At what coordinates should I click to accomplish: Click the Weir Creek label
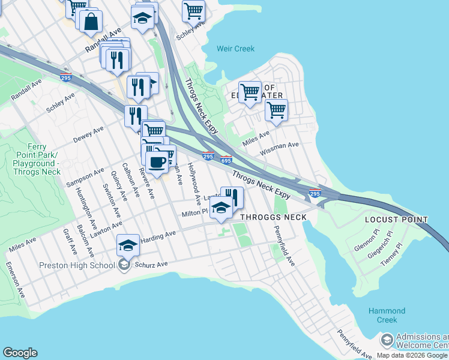(x=235, y=49)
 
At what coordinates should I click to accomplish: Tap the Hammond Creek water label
(x=387, y=316)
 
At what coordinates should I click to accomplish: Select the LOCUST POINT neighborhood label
(x=396, y=220)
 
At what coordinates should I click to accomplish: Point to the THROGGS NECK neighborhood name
(x=273, y=217)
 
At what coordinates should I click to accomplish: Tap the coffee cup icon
(x=157, y=162)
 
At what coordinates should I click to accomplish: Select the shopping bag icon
(x=91, y=22)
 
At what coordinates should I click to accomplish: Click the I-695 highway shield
(x=226, y=160)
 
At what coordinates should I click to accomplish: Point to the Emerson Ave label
(x=16, y=280)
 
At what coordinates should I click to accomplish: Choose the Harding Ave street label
(x=158, y=236)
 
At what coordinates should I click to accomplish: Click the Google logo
(x=20, y=353)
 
